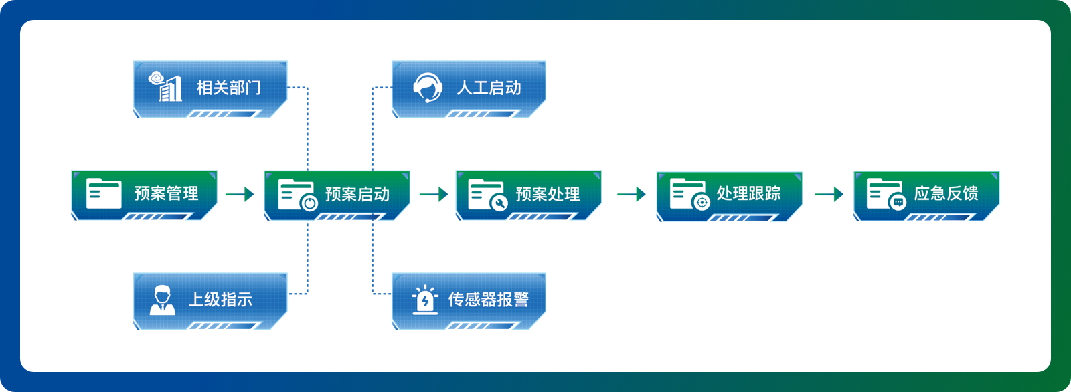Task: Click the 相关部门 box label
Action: click(228, 88)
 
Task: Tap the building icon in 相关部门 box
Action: click(165, 86)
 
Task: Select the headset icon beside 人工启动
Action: click(427, 87)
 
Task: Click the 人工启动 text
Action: click(489, 88)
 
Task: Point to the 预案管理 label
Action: click(167, 193)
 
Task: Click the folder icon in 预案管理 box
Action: click(104, 193)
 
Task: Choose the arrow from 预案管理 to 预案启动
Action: click(240, 194)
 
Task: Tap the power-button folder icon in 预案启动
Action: click(298, 195)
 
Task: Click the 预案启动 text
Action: click(357, 194)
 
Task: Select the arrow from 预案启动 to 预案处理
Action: click(434, 194)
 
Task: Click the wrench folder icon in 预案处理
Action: click(488, 195)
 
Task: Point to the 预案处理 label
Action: click(548, 194)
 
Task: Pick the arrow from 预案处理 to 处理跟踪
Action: click(632, 194)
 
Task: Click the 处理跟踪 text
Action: click(749, 193)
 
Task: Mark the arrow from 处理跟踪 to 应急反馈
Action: click(829, 194)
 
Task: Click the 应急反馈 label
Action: click(946, 193)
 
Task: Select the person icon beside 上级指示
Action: click(163, 300)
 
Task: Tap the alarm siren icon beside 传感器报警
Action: click(425, 300)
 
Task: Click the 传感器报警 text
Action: click(489, 300)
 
